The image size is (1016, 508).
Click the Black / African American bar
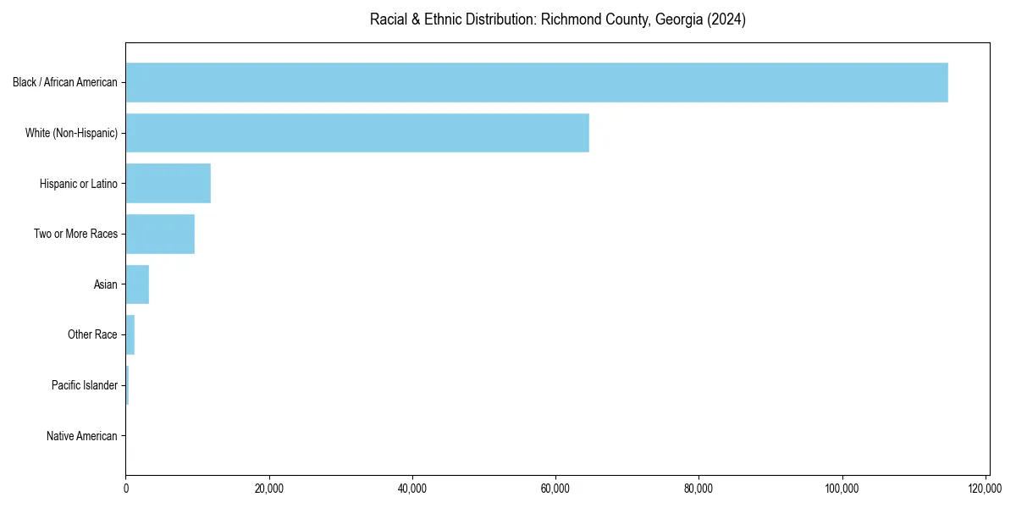pos(537,82)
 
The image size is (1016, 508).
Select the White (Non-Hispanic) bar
pos(357,133)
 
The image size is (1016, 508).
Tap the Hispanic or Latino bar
pos(168,184)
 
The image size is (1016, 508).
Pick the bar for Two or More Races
pos(160,234)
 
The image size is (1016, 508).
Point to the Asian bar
pos(137,284)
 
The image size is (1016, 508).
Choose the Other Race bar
pos(130,334)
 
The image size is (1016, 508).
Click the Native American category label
pos(82,436)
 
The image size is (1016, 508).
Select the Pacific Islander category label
pos(85,385)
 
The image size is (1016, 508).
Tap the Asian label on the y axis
pos(106,284)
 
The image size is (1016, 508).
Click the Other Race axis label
pos(92,334)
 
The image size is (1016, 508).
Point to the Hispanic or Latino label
pos(79,184)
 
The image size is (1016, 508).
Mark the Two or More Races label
pos(76,234)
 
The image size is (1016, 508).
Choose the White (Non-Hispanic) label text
pos(72,133)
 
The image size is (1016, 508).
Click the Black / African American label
pos(65,82)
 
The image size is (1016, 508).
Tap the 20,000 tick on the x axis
pos(269,489)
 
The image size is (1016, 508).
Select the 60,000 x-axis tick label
pos(555,489)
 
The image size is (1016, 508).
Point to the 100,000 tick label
pos(842,489)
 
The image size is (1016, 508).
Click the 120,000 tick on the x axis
pos(985,489)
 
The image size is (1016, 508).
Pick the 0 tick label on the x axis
pos(126,489)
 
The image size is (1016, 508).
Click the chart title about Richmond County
pos(558,19)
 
